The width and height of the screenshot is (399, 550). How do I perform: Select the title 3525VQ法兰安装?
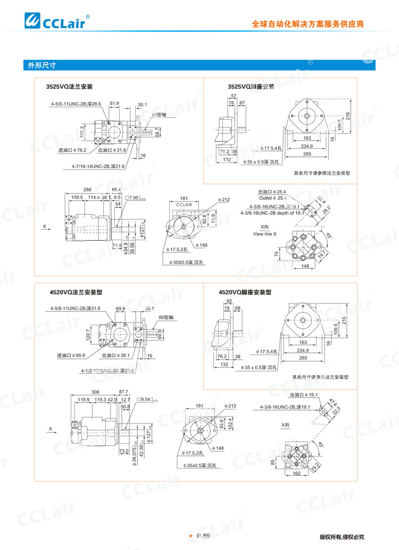point(70,86)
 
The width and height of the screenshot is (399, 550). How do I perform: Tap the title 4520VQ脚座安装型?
point(245,292)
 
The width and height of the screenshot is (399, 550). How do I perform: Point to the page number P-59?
point(203,536)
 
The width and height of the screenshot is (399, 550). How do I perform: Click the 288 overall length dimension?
point(87,189)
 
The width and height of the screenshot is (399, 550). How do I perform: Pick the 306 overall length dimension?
point(95,391)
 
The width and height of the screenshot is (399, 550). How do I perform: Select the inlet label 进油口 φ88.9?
point(71,355)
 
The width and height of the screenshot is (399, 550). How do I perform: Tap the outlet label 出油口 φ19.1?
point(304,395)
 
